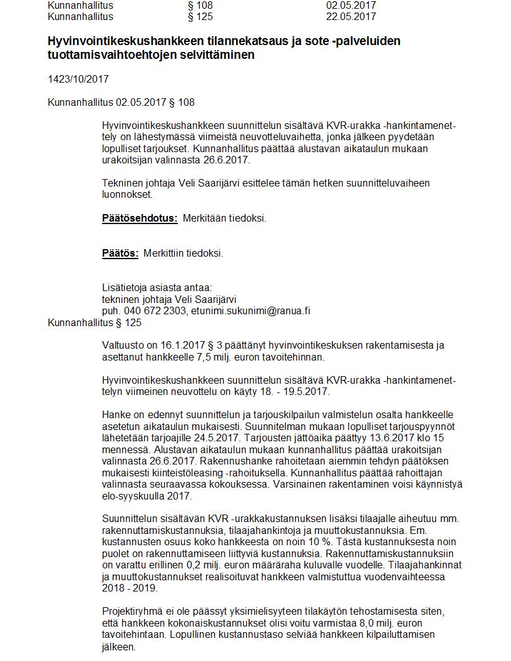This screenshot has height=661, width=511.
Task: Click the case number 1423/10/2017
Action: pos(78,79)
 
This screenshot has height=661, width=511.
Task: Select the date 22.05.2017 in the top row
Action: pos(351,16)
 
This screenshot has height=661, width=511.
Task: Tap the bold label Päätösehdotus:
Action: pos(140,218)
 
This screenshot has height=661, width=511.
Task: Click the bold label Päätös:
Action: pos(120,254)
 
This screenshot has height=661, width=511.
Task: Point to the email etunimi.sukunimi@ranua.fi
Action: pos(250,311)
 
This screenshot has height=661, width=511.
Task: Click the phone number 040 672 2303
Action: pos(153,311)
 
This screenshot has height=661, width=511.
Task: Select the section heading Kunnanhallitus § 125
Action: pos(95,323)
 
